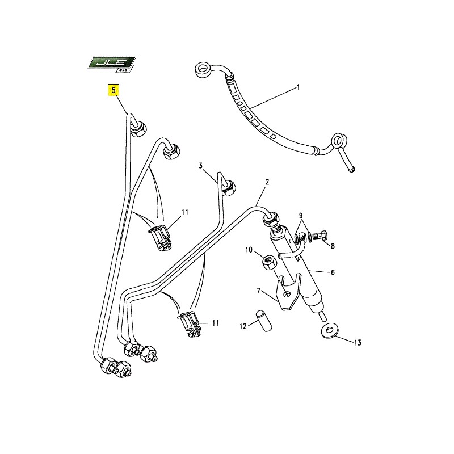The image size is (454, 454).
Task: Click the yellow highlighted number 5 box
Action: pyautogui.click(x=113, y=90)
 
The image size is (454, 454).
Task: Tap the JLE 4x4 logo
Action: pyautogui.click(x=112, y=64)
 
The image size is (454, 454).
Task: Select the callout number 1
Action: pyautogui.click(x=298, y=87)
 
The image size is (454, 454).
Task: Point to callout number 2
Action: pyautogui.click(x=267, y=182)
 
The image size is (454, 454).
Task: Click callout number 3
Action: pyautogui.click(x=200, y=166)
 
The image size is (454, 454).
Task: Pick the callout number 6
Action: pyautogui.click(x=333, y=272)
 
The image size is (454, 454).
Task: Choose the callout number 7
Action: pyautogui.click(x=259, y=291)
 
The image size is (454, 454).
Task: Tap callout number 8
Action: pyautogui.click(x=333, y=246)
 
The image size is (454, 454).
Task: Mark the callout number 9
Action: pyautogui.click(x=301, y=216)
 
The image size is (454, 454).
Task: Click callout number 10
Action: pyautogui.click(x=249, y=250)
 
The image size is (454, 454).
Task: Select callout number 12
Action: pyautogui.click(x=243, y=326)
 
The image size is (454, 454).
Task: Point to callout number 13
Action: pyautogui.click(x=358, y=343)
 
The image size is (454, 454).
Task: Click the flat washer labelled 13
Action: pyautogui.click(x=328, y=331)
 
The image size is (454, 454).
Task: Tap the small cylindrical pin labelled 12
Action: pyautogui.click(x=263, y=321)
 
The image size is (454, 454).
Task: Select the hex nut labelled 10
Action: pyautogui.click(x=269, y=263)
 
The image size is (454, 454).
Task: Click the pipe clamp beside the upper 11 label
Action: pyautogui.click(x=160, y=238)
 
